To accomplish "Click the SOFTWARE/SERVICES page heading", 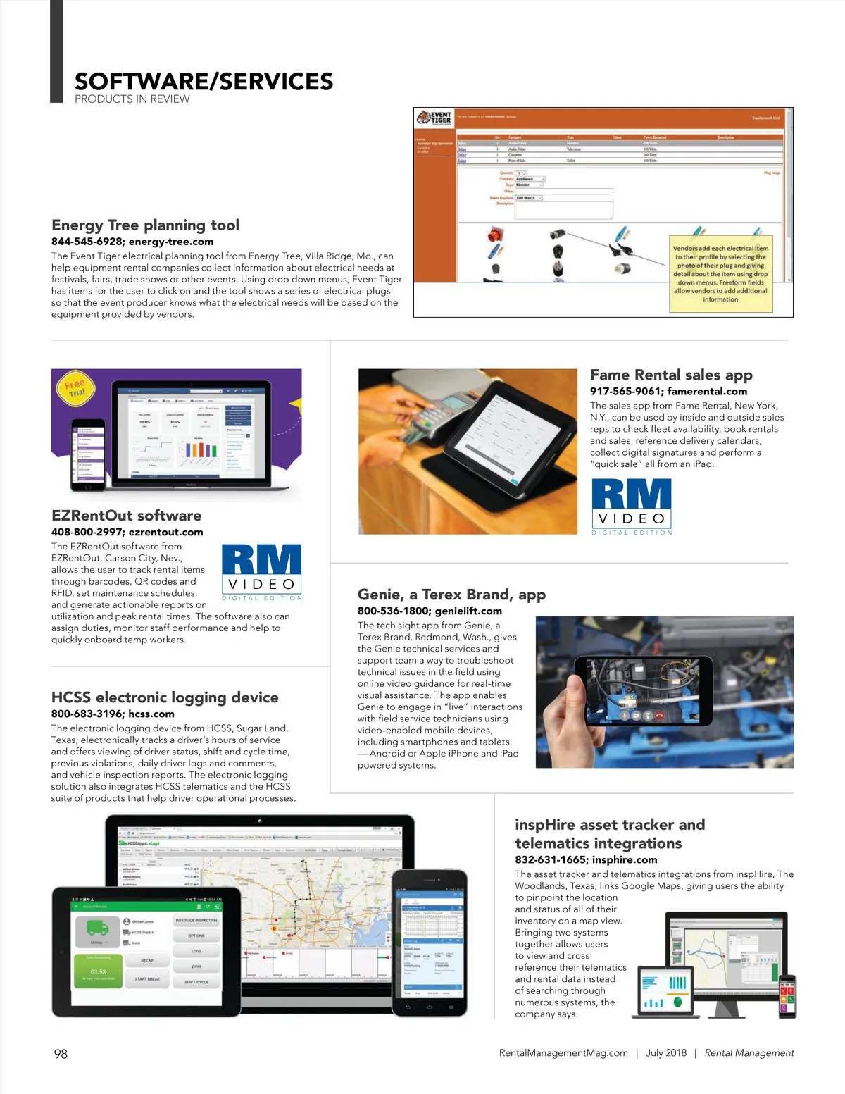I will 204,82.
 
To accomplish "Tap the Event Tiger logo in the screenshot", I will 434,118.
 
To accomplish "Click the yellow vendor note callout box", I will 720,273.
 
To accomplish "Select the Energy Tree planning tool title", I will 145,225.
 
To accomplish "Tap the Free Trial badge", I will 75,387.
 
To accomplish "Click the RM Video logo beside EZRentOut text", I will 261,571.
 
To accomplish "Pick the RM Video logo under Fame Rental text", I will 631,506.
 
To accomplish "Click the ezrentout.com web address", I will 165,533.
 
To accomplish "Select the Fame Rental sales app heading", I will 671,375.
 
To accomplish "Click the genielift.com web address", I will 468,611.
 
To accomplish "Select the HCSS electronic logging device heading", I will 165,697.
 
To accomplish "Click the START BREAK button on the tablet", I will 147,979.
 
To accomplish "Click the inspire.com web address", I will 625,860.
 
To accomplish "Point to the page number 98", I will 61,1054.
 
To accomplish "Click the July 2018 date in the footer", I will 665,1053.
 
